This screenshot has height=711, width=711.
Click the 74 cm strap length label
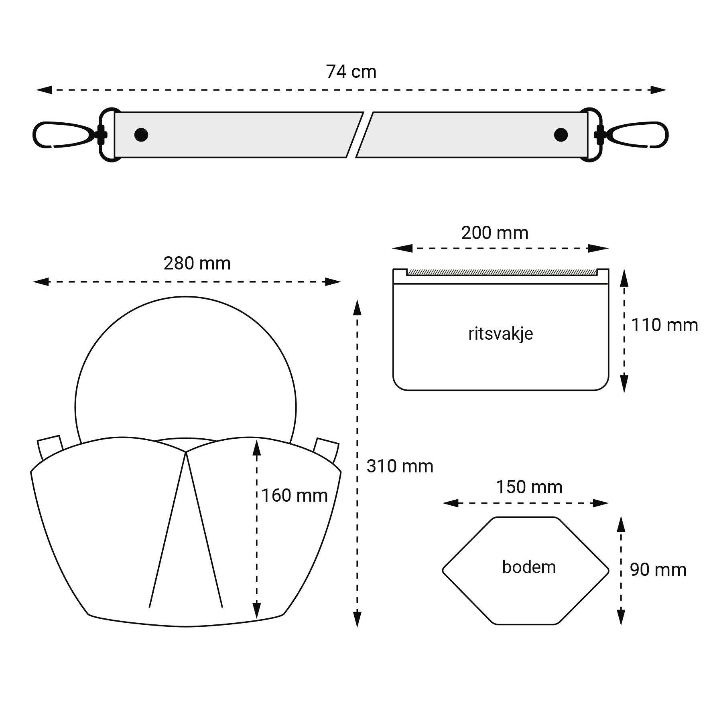[351, 72]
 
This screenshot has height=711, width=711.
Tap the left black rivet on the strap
[141, 135]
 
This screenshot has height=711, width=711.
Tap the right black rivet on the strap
[561, 135]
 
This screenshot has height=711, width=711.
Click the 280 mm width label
[197, 263]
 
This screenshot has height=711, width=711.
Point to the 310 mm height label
[400, 466]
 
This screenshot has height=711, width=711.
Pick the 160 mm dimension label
[294, 496]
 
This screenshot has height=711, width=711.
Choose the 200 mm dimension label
[495, 233]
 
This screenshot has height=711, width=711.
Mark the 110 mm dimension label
[664, 325]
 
